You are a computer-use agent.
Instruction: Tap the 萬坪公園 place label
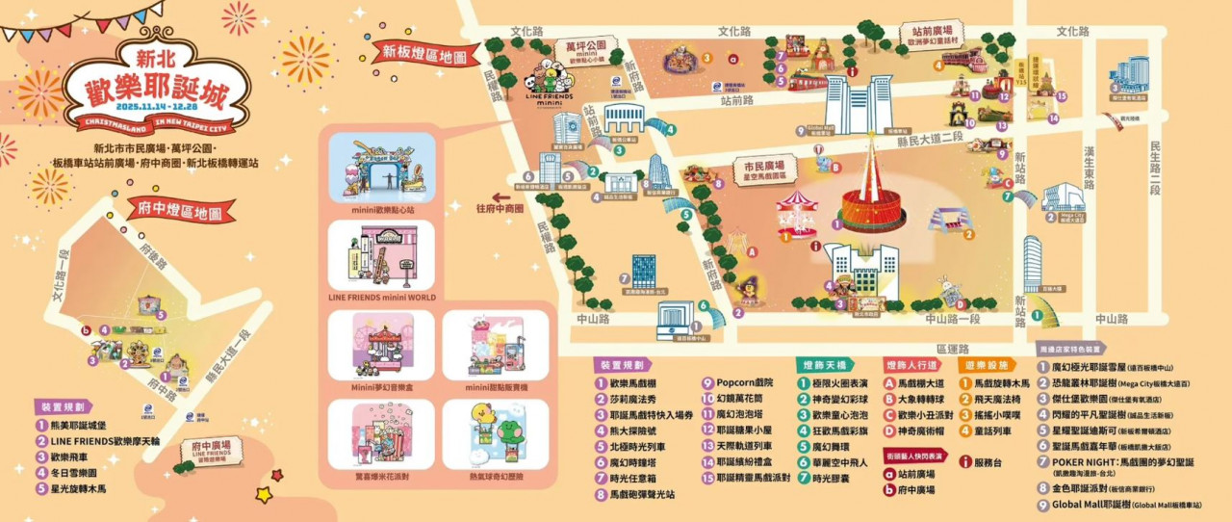(x=584, y=45)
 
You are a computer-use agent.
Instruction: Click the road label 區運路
(x=953, y=349)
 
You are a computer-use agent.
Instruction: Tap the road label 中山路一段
(x=952, y=319)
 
